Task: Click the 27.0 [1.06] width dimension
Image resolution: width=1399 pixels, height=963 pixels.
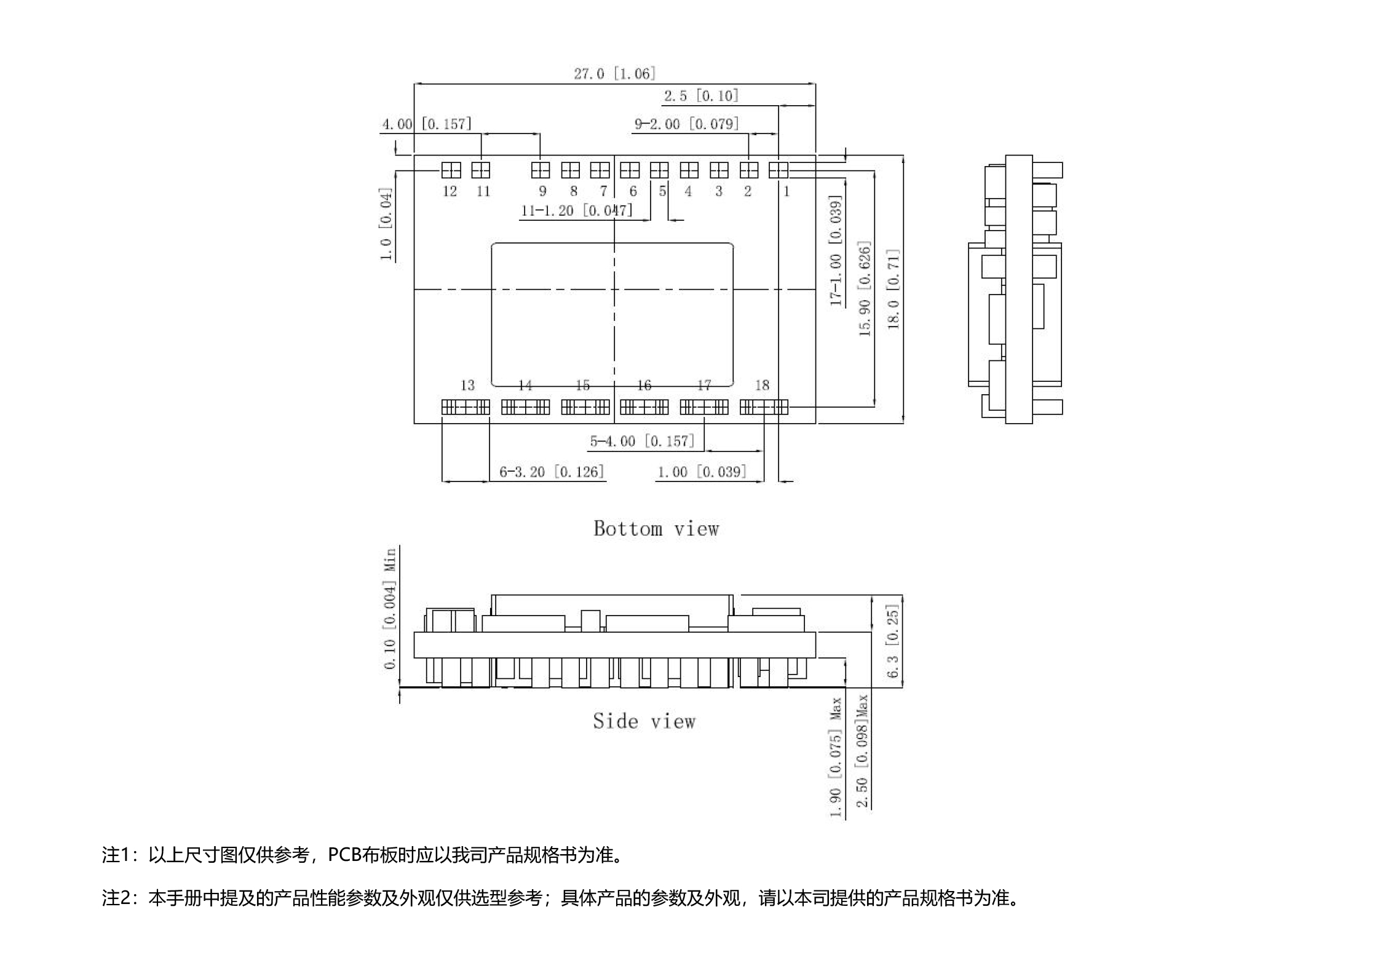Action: pos(614,74)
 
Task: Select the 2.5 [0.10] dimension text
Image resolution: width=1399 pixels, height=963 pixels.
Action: pos(701,96)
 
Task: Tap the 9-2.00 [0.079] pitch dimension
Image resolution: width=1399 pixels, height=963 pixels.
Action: pos(686,124)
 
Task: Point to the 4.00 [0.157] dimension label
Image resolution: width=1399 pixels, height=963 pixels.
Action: pos(427,124)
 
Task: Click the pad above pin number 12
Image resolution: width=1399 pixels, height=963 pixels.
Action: pos(451,170)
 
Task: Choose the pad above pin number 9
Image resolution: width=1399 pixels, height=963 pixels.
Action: pos(541,170)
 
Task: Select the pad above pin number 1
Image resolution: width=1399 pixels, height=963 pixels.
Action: pos(779,170)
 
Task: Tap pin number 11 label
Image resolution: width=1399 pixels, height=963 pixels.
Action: pos(483,192)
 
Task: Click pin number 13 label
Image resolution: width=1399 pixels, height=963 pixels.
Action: pos(467,386)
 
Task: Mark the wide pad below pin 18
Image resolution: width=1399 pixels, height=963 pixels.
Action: pos(764,407)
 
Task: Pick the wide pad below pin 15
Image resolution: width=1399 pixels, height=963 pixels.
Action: pos(585,407)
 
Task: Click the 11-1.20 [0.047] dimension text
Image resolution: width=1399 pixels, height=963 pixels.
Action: pos(576,211)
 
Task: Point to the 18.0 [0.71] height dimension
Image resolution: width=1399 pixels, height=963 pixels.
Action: pos(894,289)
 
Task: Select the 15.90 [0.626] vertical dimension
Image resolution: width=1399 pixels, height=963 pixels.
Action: pos(865,289)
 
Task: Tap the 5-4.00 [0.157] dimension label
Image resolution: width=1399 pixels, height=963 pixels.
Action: pos(642,442)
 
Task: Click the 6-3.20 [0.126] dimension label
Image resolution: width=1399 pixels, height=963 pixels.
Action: pos(552,472)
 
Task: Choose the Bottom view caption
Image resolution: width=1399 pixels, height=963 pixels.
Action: pos(656,529)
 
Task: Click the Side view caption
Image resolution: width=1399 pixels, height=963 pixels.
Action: pos(644,721)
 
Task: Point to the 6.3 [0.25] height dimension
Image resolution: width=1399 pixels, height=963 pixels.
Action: pos(894,641)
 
